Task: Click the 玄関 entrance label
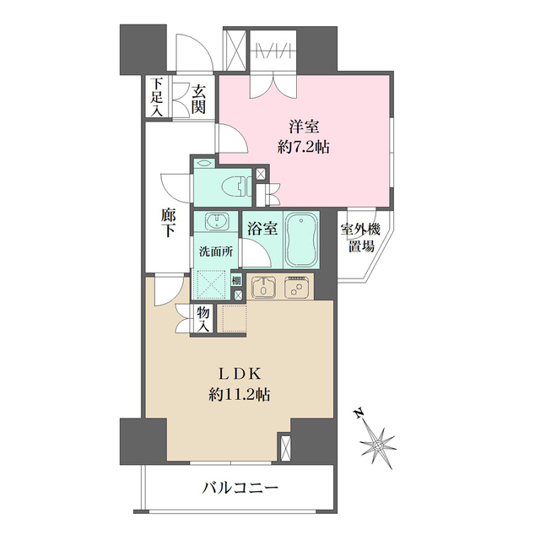pyautogui.click(x=198, y=99)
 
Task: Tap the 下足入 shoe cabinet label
pyautogui.click(x=157, y=95)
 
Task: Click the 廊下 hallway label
pyautogui.click(x=169, y=224)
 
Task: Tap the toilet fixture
pyautogui.click(x=236, y=186)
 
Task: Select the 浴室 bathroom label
pyautogui.click(x=261, y=227)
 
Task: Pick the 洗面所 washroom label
pyautogui.click(x=216, y=251)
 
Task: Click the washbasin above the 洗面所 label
pyautogui.click(x=217, y=222)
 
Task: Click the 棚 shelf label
pyautogui.click(x=237, y=281)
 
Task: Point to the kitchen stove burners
pyautogui.click(x=297, y=288)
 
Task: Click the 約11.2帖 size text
pyautogui.click(x=244, y=394)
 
